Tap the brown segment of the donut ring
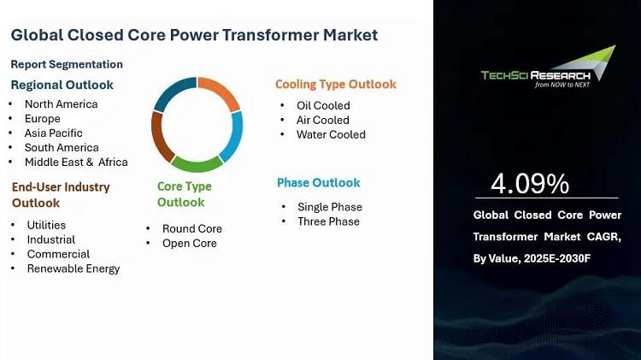coord(161,137)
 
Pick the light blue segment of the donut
coord(233,137)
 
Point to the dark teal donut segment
coord(173,92)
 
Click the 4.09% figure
coord(530,183)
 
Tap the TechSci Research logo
coord(548,67)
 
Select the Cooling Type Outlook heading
coord(336,85)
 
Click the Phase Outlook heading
coord(319,182)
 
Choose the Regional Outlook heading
coord(62,85)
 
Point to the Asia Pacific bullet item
coord(54,133)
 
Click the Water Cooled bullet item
coord(331,134)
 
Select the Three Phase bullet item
coord(329,221)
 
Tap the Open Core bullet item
coord(190,243)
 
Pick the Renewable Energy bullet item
coord(74,269)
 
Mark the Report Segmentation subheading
coord(67,64)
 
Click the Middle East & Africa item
coord(76,162)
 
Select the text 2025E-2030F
coord(556,258)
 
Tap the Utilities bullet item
coord(46,225)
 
